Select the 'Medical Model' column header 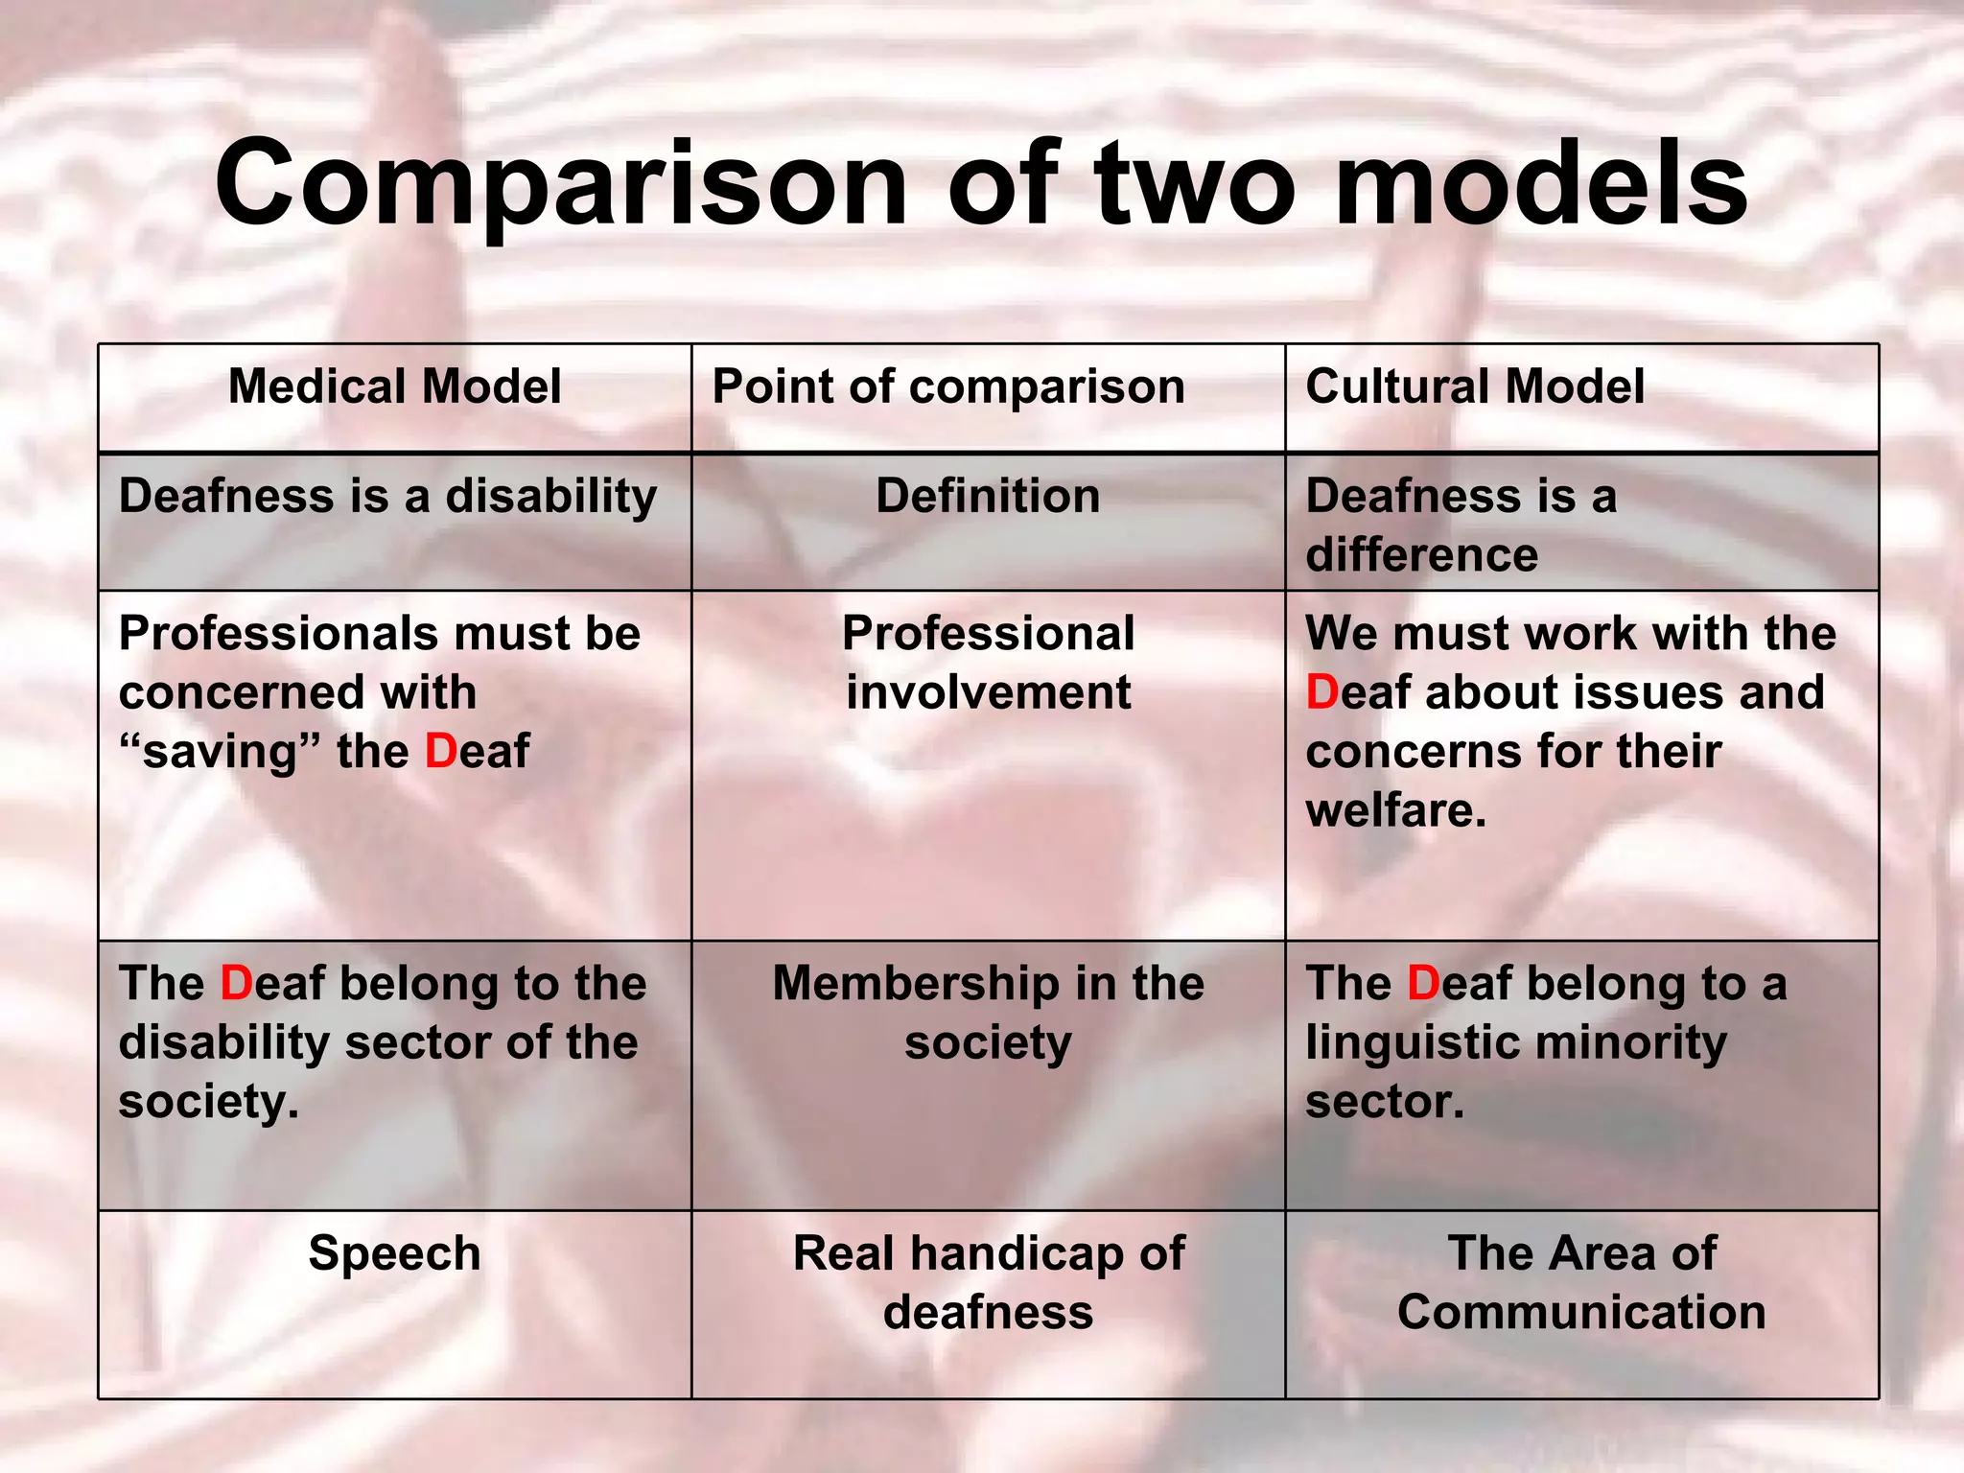pos(394,386)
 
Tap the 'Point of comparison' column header pos(948,386)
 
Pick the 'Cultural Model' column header pos(1475,386)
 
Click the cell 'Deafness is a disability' pos(387,497)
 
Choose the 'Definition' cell pos(988,497)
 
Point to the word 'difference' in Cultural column pos(1421,555)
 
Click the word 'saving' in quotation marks pos(221,751)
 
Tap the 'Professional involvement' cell pos(988,663)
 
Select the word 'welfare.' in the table pos(1395,810)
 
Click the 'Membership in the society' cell pos(988,1013)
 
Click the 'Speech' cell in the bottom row pos(394,1253)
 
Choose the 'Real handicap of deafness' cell pos(988,1282)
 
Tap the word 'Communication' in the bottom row pos(1581,1312)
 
